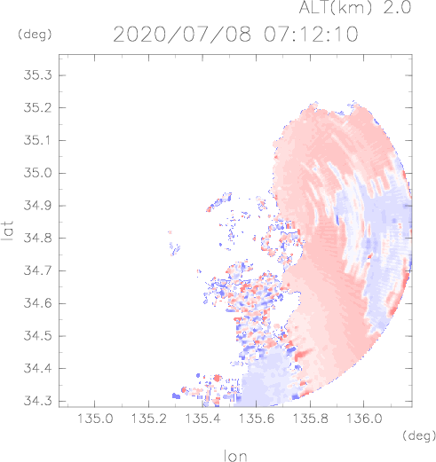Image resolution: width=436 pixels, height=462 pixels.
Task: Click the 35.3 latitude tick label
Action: coord(37,75)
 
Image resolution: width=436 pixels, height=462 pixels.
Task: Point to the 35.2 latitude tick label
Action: coord(37,108)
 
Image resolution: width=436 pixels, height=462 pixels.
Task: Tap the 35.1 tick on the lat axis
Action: coord(37,140)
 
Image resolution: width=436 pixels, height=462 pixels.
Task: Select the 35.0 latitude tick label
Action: coord(37,173)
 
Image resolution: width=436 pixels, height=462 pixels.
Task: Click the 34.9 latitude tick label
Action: coord(37,206)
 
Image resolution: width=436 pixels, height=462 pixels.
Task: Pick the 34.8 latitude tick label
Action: coord(37,238)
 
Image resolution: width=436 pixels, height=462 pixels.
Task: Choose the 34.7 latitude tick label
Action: coord(37,270)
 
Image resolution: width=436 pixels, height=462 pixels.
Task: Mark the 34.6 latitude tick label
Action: coord(37,303)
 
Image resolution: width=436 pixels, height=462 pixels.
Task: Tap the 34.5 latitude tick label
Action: coord(37,336)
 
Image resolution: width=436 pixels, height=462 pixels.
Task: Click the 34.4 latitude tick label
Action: coord(37,369)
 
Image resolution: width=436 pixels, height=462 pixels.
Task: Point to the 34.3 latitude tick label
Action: coord(37,401)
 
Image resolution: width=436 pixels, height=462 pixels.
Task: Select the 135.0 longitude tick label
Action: coord(95,419)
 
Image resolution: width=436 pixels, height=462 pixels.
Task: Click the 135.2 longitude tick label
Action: coord(149,419)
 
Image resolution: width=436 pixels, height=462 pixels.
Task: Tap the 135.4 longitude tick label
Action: coord(202,419)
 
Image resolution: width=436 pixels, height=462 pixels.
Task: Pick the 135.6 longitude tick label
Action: coord(257,419)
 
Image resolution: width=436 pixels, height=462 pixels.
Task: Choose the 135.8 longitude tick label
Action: coord(311,419)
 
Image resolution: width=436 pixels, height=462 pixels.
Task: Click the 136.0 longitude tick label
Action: coord(364,419)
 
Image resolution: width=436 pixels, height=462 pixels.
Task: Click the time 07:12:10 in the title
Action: coord(311,34)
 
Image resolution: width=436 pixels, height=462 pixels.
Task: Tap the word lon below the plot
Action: coord(235,456)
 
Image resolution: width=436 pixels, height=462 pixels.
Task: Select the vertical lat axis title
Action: coord(8,231)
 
